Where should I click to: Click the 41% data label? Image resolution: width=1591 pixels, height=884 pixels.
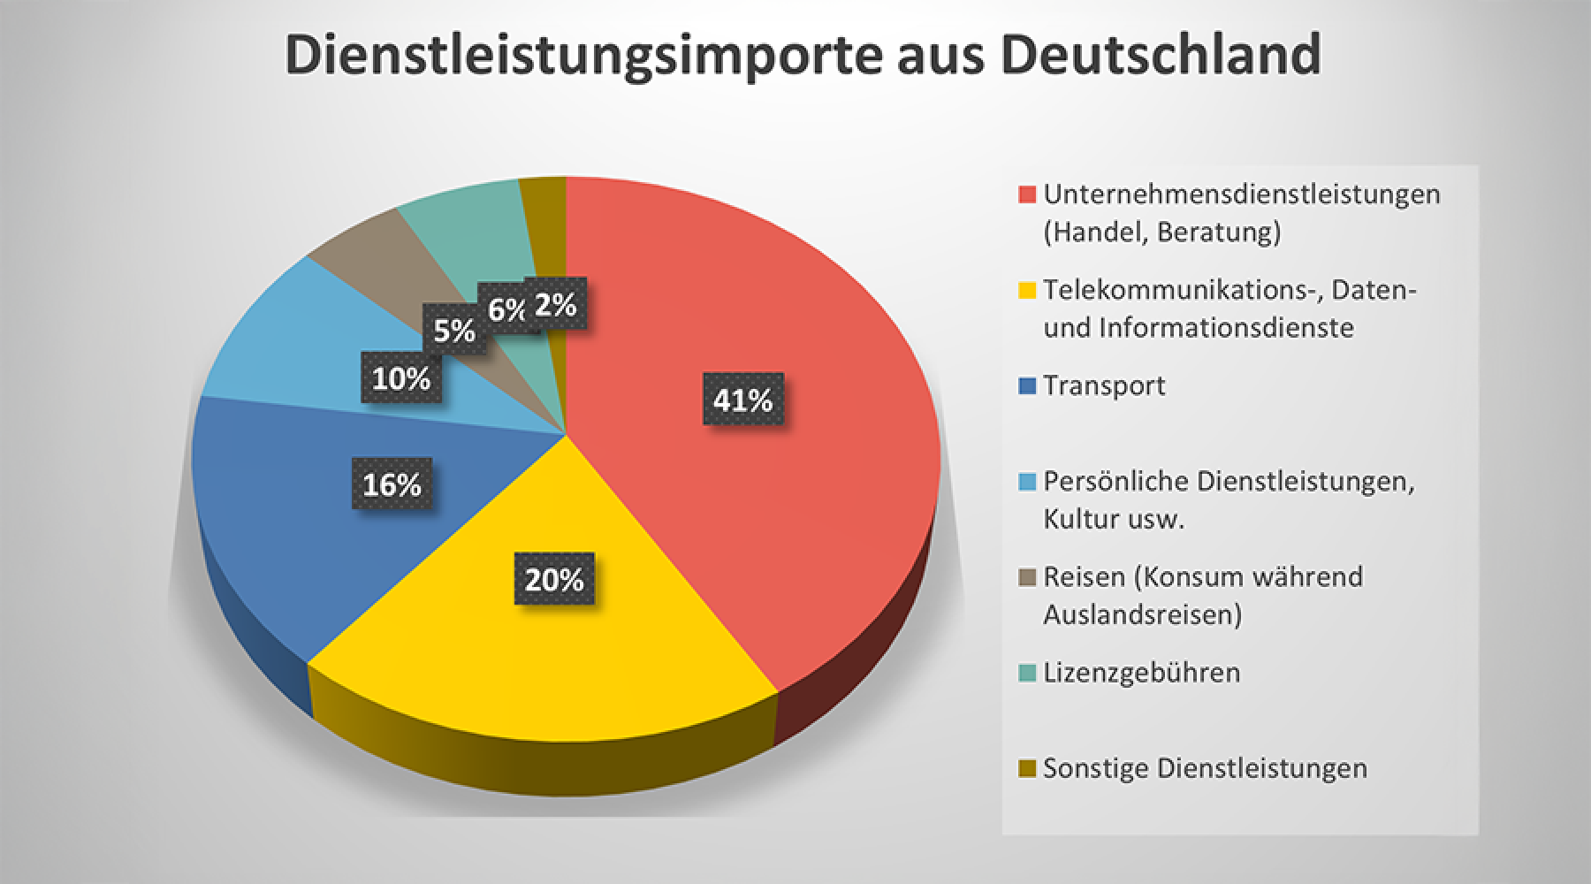742,400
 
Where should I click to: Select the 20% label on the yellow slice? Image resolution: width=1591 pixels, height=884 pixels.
554,580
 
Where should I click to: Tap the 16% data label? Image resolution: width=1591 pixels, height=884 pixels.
392,484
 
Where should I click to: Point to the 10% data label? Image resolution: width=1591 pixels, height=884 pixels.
400,379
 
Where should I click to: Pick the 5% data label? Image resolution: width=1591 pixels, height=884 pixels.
454,331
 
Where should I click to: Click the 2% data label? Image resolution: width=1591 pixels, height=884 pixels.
556,305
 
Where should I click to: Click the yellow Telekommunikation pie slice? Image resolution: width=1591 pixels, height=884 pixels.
530,654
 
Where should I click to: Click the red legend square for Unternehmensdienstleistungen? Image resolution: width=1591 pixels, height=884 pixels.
1026,194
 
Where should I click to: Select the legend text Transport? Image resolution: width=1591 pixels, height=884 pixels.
1104,385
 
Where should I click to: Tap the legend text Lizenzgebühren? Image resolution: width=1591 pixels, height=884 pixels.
1141,673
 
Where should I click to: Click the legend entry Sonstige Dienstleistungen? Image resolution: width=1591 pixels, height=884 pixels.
1204,768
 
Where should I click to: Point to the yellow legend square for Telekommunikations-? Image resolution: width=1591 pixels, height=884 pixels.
1026,290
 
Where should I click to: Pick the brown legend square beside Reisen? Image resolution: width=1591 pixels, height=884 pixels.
1026,577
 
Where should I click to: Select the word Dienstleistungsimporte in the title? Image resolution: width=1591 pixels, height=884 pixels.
583,55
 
